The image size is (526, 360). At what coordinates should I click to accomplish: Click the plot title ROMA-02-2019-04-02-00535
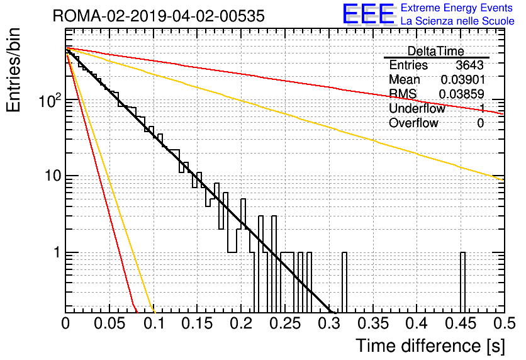159,16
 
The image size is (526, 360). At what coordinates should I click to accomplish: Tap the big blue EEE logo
368,14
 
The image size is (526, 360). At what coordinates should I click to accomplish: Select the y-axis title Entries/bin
13,70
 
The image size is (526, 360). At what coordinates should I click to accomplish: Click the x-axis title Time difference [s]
430,346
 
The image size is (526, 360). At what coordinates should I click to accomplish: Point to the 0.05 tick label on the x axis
109,323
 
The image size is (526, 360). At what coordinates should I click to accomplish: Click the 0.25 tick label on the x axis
285,323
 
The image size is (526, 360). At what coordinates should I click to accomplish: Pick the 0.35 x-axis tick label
373,323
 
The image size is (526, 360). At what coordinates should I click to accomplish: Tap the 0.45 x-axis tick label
461,323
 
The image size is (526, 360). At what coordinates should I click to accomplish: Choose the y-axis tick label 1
57,252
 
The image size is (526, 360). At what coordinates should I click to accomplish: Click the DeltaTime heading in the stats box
436,51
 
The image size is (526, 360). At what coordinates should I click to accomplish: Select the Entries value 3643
469,65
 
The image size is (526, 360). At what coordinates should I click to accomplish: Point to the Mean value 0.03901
463,79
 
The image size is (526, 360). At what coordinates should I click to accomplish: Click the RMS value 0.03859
462,94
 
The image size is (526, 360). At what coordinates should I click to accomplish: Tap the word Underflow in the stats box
417,108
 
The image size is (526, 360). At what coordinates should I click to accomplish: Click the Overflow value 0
480,123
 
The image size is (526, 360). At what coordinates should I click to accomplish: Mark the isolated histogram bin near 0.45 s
462,283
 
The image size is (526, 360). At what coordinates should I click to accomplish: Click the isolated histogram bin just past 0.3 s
344,283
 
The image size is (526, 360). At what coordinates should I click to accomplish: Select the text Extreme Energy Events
457,8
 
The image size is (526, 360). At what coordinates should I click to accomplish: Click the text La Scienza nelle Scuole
457,21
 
